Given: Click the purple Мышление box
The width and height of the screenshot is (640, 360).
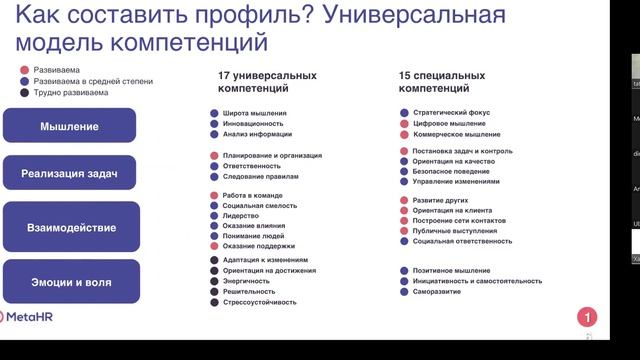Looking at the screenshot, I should click(70, 126).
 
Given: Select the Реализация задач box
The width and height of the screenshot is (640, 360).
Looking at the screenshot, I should click(70, 174).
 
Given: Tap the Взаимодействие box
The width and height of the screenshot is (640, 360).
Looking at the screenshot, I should click(70, 227).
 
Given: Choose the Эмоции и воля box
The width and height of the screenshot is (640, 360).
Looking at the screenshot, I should click(70, 282).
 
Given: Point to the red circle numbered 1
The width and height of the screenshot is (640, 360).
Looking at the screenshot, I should click(589, 317).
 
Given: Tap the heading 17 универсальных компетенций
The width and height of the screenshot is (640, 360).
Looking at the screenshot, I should click(268, 82).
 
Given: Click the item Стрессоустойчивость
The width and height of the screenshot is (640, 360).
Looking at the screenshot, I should click(260, 301).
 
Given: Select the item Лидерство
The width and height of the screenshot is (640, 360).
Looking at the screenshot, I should click(241, 215).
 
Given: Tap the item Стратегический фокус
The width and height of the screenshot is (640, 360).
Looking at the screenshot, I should click(448, 113).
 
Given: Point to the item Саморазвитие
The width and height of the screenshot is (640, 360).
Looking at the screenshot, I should click(438, 292).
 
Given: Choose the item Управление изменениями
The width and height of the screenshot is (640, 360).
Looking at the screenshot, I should click(456, 182).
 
